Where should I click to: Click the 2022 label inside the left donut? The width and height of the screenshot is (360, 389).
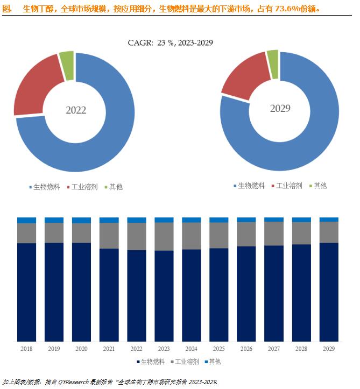[x=76, y=110]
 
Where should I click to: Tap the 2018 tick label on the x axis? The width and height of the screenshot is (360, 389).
[x=26, y=349]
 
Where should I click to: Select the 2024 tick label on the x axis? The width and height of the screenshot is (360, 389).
[x=191, y=349]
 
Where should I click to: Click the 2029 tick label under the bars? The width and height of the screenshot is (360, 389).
[x=329, y=349]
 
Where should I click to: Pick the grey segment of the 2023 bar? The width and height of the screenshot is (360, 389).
[x=164, y=236]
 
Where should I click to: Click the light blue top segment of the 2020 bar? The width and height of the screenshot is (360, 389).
[x=81, y=220]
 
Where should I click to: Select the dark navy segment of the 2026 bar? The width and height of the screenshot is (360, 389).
[x=246, y=293]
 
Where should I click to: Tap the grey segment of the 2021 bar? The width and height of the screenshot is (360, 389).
[x=109, y=235]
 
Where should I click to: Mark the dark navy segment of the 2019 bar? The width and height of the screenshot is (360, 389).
[x=54, y=292]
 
